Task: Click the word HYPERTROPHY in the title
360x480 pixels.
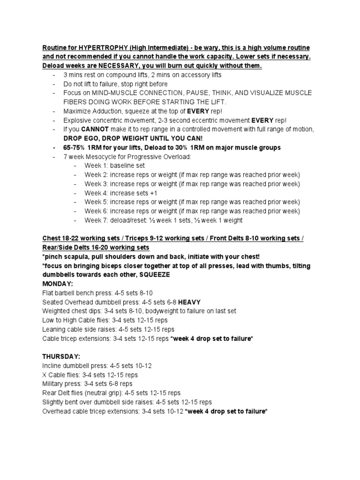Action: pyautogui.click(x=102, y=48)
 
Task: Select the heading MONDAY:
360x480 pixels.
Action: pyautogui.click(x=59, y=284)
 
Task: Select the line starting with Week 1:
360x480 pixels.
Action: pyautogui.click(x=115, y=165)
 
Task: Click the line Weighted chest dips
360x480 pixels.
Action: pyautogui.click(x=139, y=311)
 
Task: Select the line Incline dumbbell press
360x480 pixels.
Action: pyautogui.click(x=97, y=366)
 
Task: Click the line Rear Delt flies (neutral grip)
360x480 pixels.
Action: pyautogui.click(x=111, y=393)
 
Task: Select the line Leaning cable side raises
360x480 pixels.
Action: pyautogui.click(x=108, y=329)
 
